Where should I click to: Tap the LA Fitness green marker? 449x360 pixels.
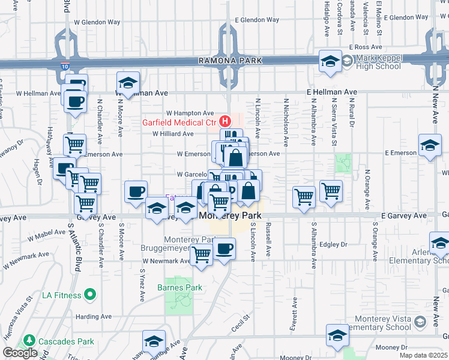(90, 294)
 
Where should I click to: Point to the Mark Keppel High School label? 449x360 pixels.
(378, 62)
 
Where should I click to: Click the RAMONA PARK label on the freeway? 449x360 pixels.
(232, 61)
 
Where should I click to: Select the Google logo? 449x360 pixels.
(20, 353)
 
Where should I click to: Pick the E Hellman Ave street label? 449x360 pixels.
(331, 92)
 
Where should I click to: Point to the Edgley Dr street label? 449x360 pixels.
(334, 245)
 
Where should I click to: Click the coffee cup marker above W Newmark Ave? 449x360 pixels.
(224, 248)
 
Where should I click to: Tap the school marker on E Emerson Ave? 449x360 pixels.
(430, 146)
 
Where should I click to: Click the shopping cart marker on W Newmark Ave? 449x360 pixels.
(201, 256)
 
